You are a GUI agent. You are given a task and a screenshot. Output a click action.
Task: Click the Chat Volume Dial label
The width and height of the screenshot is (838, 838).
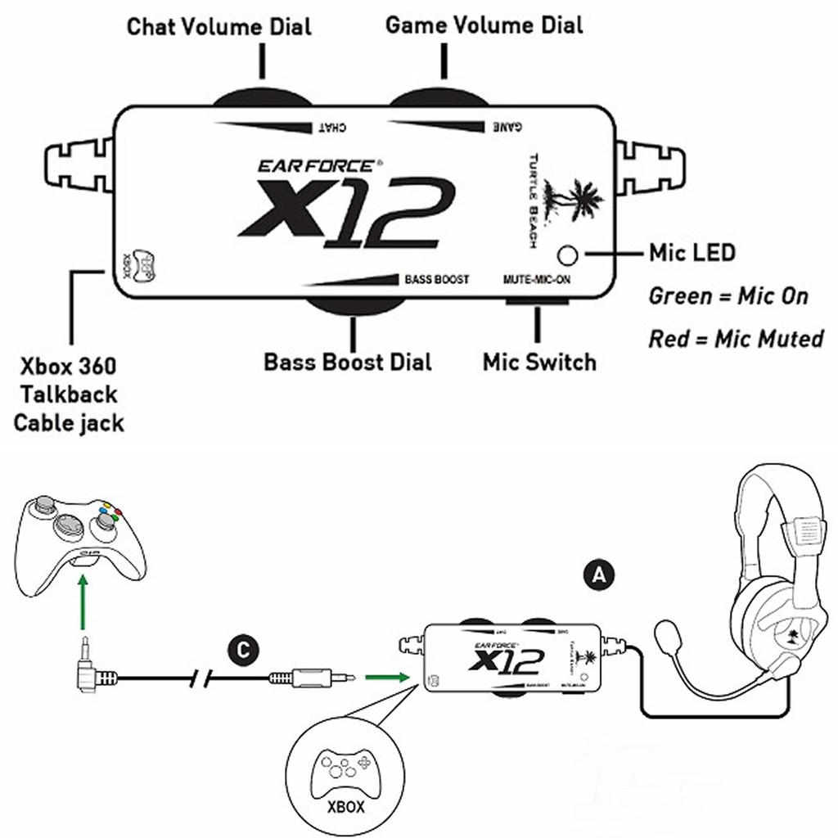pos(219,27)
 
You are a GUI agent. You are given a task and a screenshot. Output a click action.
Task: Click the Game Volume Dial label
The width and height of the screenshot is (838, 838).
pos(484,25)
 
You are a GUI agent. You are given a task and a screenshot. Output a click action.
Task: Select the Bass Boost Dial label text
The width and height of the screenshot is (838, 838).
pos(347,361)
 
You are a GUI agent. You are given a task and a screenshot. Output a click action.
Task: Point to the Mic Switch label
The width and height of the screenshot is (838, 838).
pos(539,361)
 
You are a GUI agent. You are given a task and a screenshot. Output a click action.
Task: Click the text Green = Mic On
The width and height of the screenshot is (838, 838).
pos(728,295)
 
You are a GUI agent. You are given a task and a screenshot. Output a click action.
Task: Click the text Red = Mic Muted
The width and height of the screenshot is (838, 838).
pos(736,338)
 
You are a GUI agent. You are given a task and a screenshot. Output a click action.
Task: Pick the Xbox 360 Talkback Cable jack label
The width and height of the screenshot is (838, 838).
pos(69,394)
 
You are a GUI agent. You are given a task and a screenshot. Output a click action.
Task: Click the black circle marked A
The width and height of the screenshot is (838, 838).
pos(600,575)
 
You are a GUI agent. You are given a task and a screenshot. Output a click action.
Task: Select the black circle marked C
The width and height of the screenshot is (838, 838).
pos(241,651)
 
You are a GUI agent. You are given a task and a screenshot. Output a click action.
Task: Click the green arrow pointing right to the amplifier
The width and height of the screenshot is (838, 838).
pos(385,677)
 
